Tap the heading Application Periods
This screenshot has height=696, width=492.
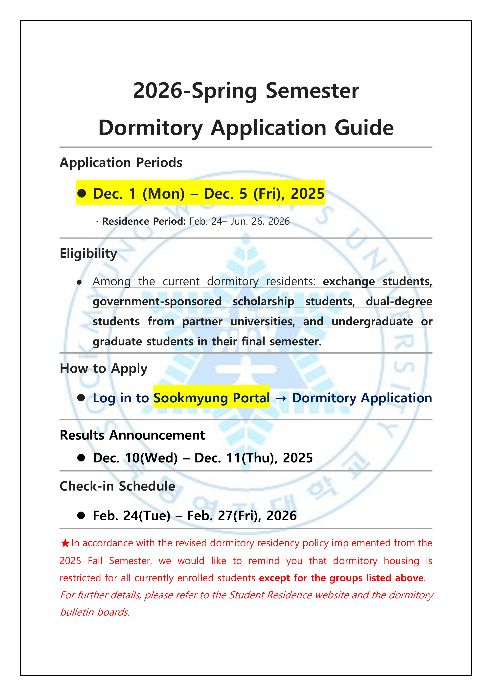point(121,163)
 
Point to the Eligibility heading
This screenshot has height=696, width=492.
point(88,253)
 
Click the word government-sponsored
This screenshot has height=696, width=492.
point(157,302)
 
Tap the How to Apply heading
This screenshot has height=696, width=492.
point(103,369)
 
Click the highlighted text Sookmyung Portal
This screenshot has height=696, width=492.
point(211,398)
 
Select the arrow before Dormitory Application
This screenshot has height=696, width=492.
point(281,398)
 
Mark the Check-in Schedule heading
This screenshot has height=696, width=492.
point(117,486)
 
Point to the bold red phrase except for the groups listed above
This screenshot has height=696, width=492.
point(341,578)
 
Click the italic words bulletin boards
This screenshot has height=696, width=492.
point(95,612)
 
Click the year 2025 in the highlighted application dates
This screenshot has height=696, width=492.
point(307,193)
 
